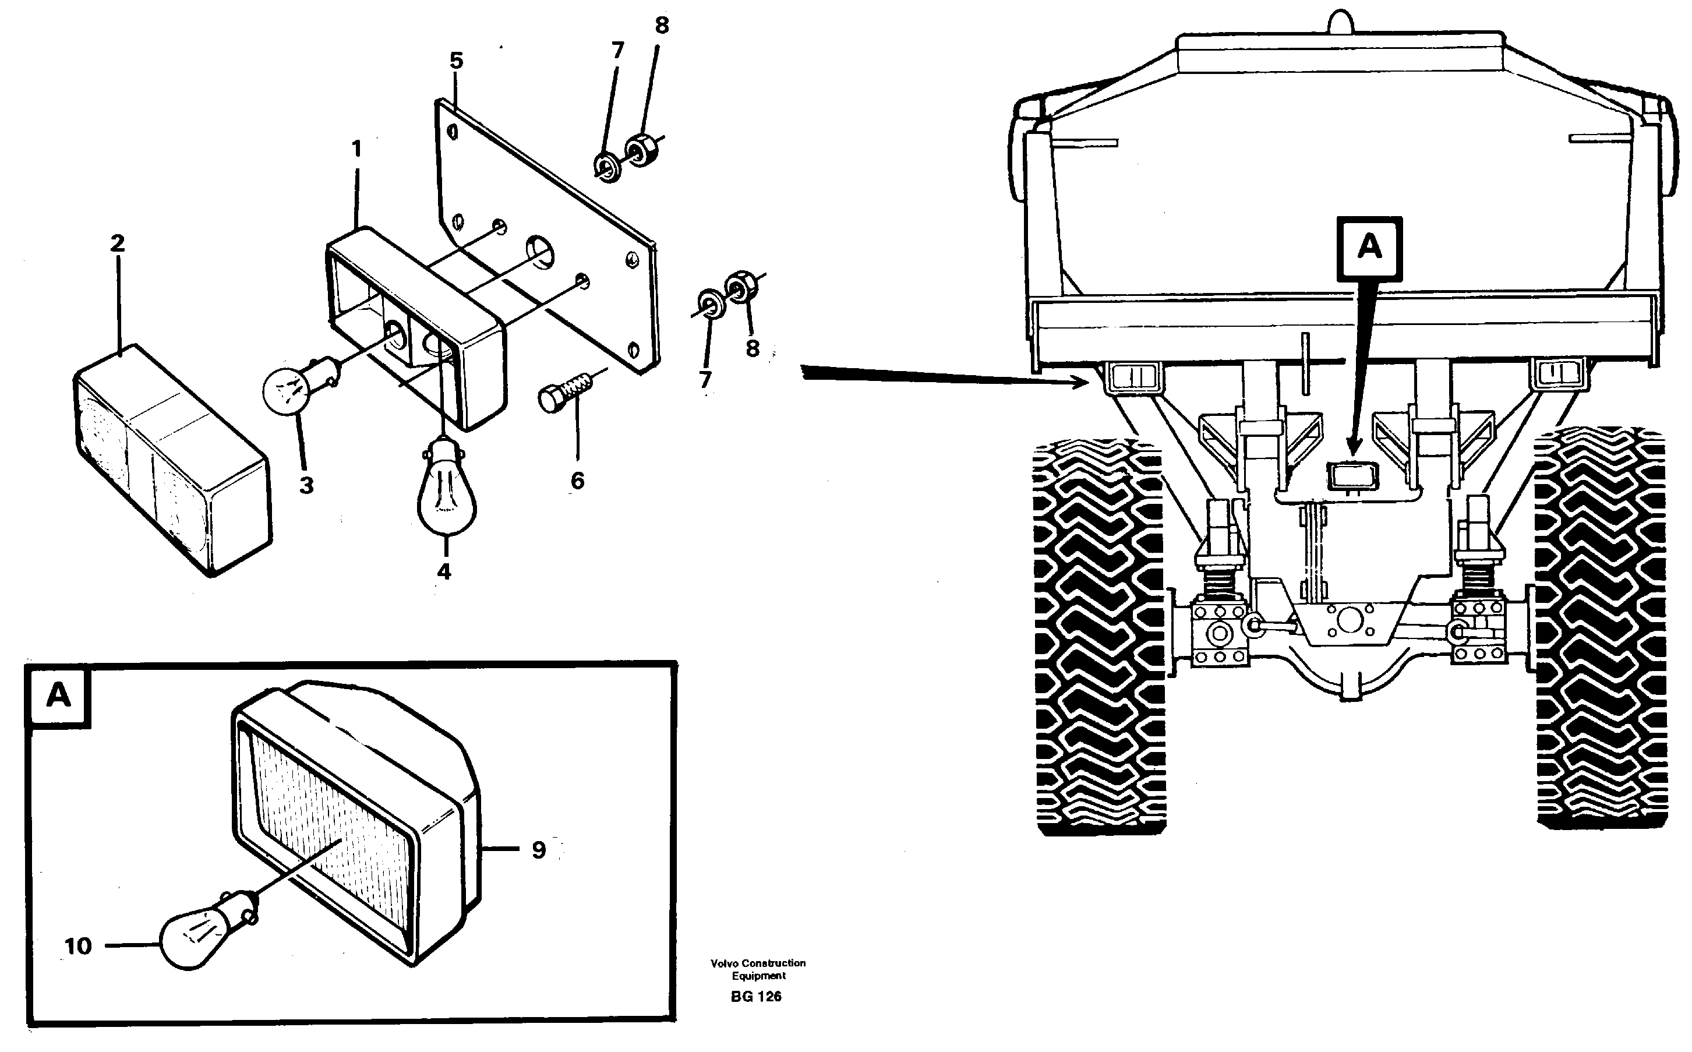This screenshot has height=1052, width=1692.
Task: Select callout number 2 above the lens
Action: [x=117, y=243]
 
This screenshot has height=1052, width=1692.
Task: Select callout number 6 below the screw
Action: [x=577, y=480]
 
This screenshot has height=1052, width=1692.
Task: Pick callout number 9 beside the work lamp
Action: [x=539, y=849]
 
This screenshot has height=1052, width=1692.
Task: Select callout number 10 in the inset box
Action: [x=78, y=945]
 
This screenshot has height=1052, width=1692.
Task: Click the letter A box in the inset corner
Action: [x=58, y=695]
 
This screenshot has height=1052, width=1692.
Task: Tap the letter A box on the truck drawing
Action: [x=1369, y=248]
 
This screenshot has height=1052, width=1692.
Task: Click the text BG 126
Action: [x=755, y=996]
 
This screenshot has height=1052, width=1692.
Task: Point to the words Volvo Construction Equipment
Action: [x=758, y=969]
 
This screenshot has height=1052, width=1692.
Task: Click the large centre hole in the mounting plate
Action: [x=541, y=252]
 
